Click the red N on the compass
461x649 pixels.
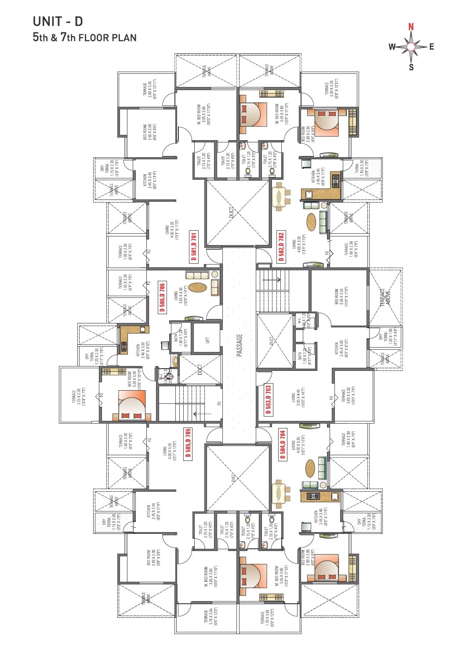pos(411,27)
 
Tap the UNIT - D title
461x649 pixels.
pos(58,22)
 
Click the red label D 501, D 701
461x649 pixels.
pos(194,247)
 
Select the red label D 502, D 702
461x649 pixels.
pos(281,247)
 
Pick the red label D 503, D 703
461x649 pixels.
pos(269,400)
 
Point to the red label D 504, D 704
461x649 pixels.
pos(283,444)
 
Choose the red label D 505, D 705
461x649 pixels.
pos(188,444)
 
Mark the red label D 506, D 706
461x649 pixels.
pos(162,297)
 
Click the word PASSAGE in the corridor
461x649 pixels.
pos(240,345)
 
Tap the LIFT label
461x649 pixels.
pos(207,340)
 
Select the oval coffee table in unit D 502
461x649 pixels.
pos(311,223)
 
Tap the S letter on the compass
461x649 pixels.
pos(411,67)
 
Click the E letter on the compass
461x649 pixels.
pos(432,47)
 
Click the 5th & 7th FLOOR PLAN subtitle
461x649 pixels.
pos(84,37)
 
